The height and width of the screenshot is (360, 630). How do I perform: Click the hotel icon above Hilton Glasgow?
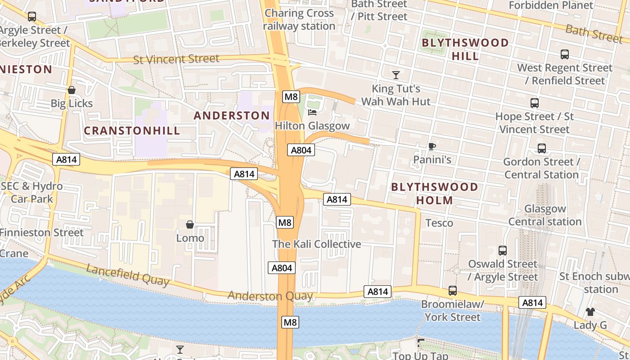[312, 112]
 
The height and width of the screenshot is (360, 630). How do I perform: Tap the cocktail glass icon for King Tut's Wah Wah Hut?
[396, 75]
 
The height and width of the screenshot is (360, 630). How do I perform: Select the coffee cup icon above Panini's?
[432, 146]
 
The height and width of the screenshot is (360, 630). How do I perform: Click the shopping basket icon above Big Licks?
[71, 90]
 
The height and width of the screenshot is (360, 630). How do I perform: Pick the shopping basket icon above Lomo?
[190, 224]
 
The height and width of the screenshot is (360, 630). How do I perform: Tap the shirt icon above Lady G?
[590, 311]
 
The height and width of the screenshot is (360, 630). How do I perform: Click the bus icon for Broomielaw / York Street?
[452, 291]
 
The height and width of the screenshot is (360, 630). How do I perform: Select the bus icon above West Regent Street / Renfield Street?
[564, 54]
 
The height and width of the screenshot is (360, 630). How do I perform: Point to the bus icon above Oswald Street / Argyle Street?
[503, 251]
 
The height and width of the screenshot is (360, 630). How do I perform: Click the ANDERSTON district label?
[232, 116]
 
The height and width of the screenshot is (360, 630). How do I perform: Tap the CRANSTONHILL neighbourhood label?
[132, 131]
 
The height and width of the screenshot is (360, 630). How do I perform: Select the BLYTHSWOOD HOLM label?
[434, 193]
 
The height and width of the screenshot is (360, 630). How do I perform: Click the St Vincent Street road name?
[176, 59]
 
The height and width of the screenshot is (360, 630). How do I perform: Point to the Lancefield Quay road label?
[128, 275]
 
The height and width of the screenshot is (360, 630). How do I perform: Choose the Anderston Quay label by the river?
[270, 296]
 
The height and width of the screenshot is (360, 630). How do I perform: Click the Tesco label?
[439, 223]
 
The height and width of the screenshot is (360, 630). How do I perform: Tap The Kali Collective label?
[316, 244]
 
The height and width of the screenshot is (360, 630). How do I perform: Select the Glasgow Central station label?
[545, 215]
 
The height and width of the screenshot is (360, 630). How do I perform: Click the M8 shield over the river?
[290, 322]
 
